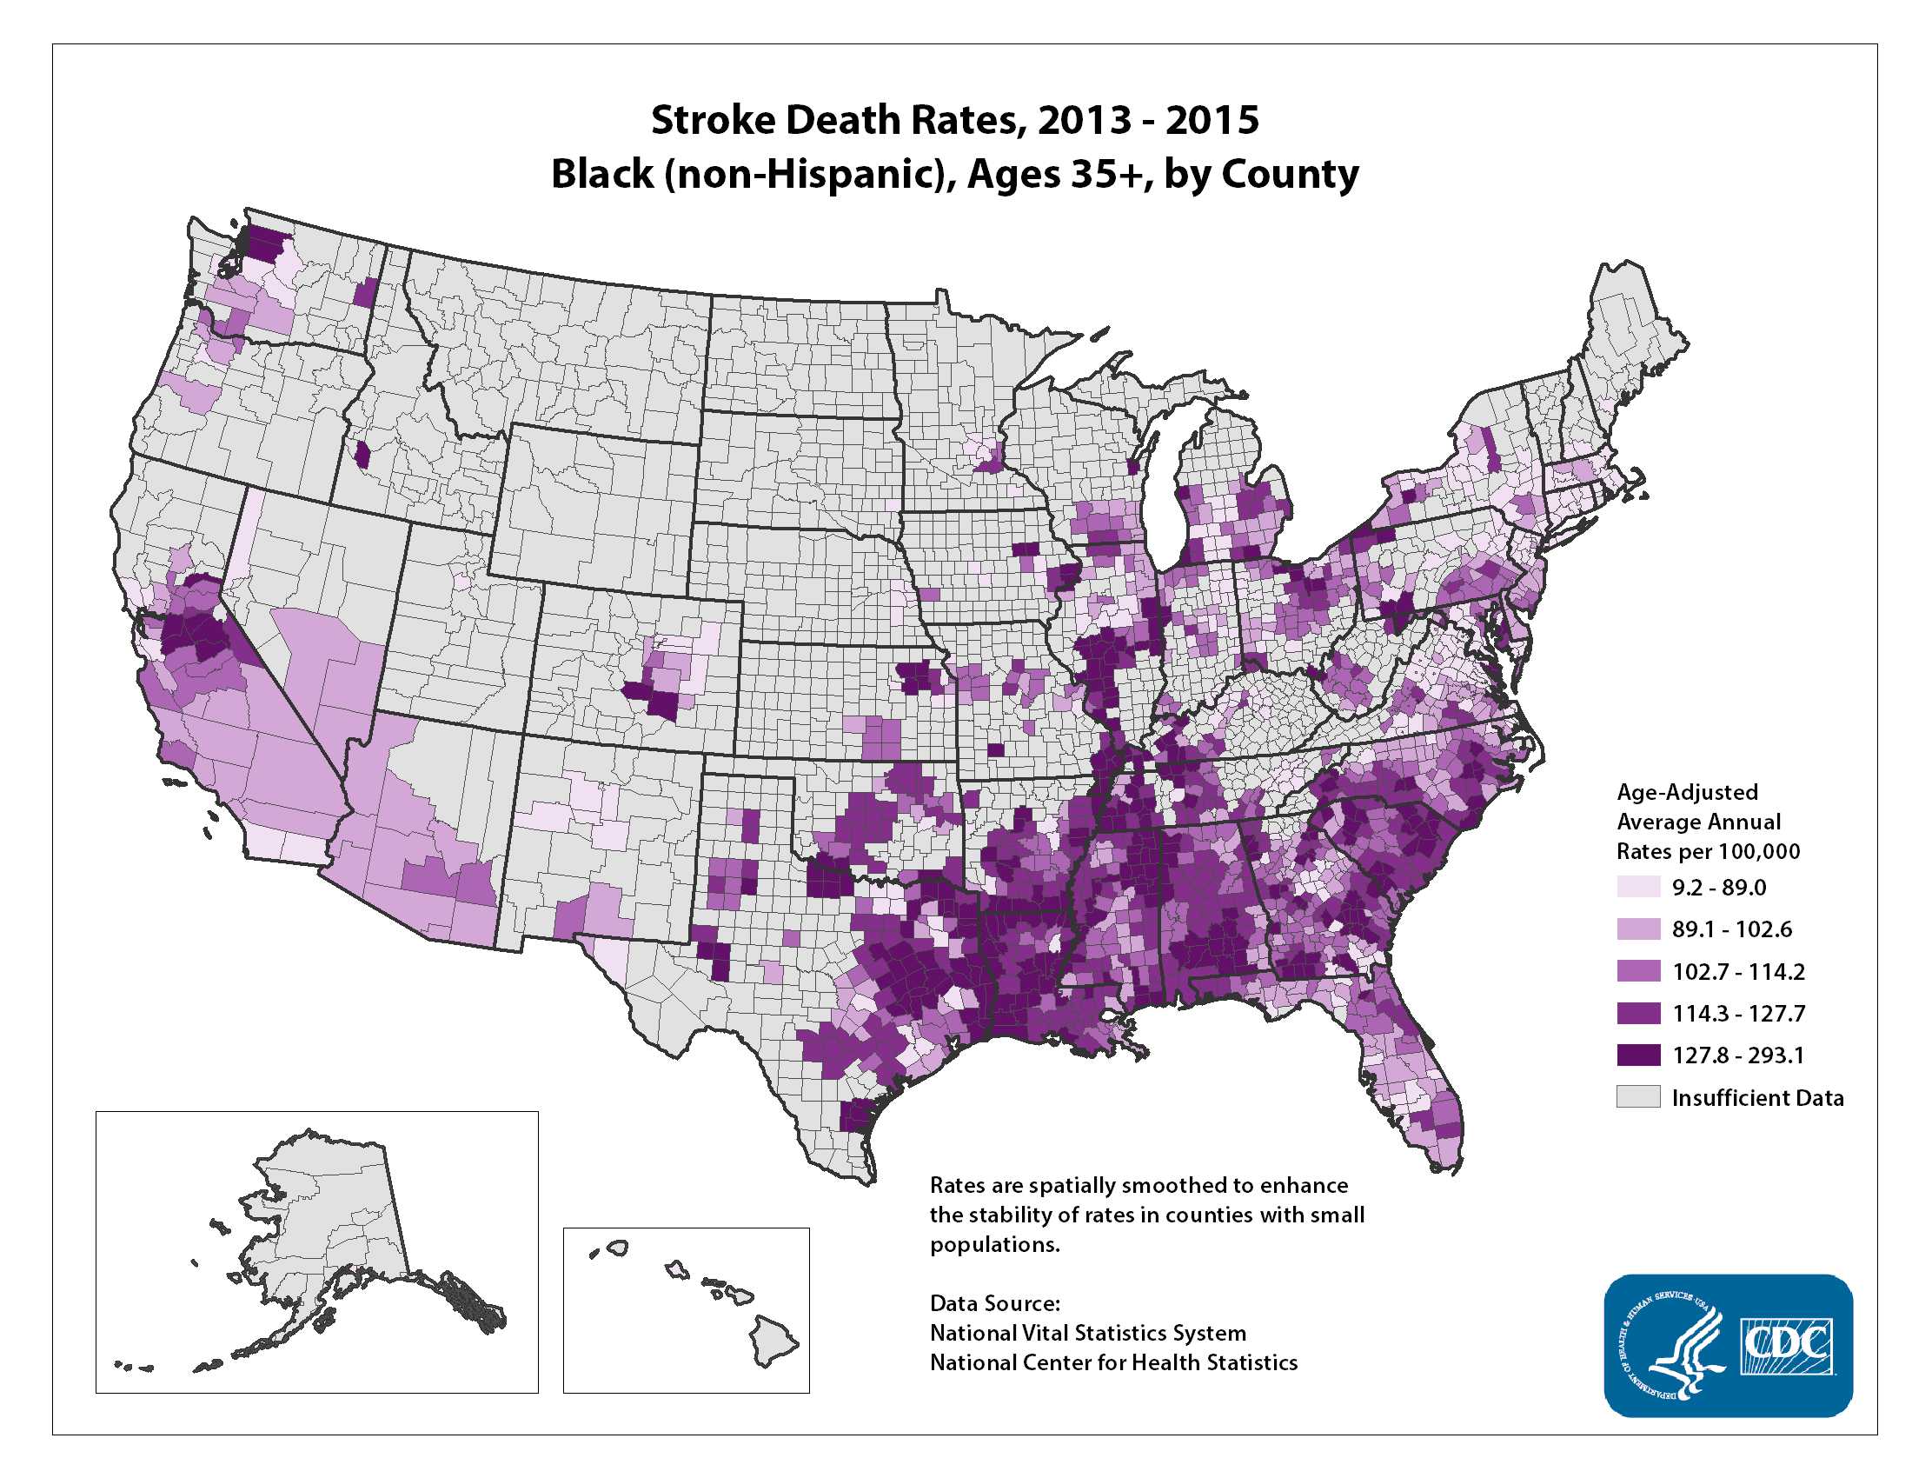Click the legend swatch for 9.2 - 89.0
1638,887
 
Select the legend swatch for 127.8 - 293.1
1638,1055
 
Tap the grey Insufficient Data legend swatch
1638,1097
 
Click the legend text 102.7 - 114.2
1738,972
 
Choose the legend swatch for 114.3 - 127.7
1638,1013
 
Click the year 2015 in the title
1212,120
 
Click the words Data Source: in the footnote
994,1303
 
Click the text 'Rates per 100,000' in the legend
1708,852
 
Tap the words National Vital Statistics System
1087,1333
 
